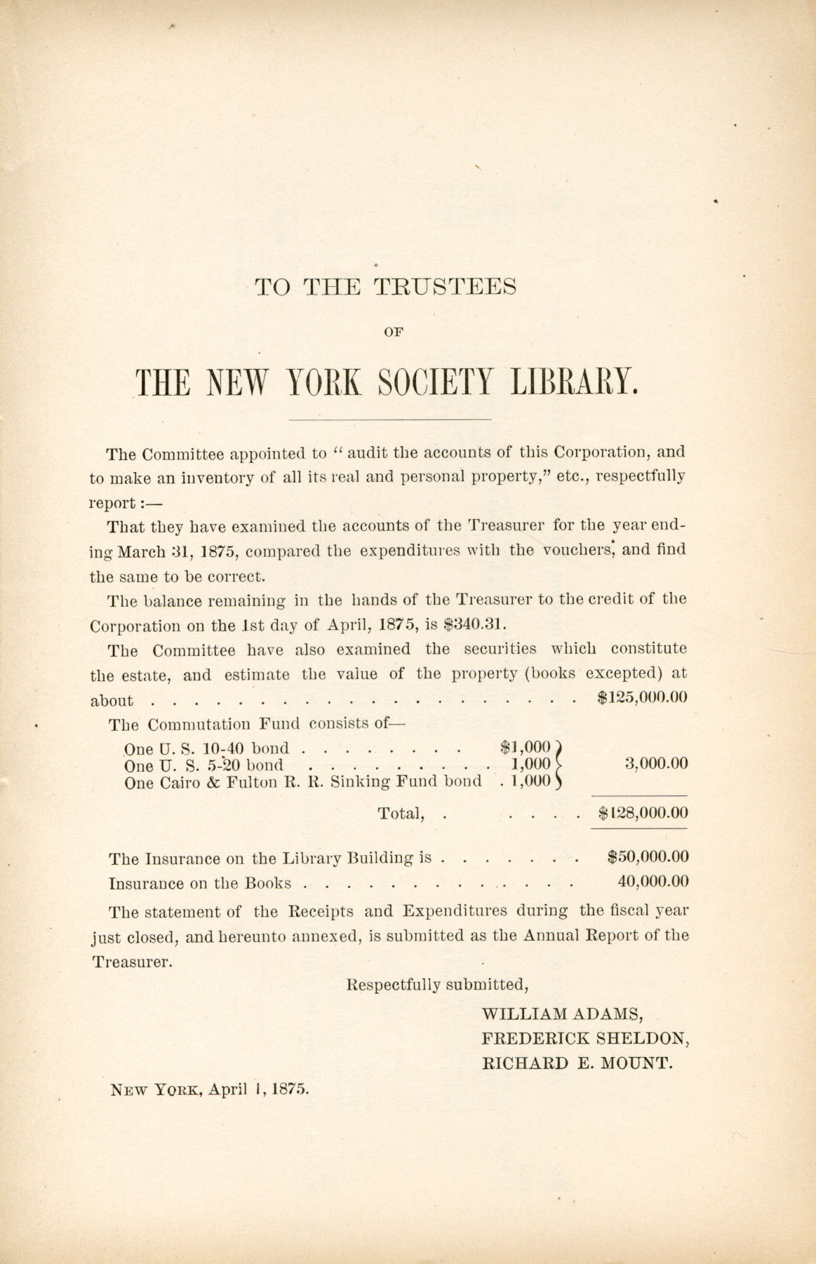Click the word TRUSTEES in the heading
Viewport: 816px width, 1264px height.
(x=446, y=288)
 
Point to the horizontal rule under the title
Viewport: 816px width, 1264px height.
(x=390, y=419)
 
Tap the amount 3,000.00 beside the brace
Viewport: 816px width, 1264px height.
(x=656, y=764)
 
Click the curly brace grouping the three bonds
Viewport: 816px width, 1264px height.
(x=559, y=765)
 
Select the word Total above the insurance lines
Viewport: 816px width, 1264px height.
(x=401, y=814)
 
